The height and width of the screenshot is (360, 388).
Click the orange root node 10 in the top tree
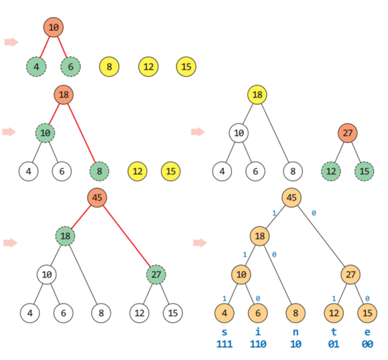[53, 27]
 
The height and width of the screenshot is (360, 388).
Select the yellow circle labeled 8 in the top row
[109, 66]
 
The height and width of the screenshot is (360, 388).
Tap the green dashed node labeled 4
[36, 66]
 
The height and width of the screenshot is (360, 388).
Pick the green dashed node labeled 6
[71, 66]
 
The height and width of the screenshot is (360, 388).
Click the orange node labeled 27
[347, 132]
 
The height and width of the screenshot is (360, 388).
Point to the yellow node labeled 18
[257, 95]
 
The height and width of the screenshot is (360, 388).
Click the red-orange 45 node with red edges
[97, 198]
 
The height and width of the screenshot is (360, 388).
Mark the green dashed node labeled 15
[364, 171]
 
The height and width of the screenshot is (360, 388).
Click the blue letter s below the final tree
[224, 332]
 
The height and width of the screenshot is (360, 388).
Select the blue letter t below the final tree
[332, 332]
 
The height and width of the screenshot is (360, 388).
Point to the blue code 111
[224, 344]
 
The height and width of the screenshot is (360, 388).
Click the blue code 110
[258, 344]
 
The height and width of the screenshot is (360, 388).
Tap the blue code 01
[332, 344]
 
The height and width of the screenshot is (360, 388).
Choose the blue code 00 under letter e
[366, 344]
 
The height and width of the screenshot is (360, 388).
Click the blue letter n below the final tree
[296, 332]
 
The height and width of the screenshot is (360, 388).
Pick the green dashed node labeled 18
[65, 236]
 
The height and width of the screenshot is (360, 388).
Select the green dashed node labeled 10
[45, 132]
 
